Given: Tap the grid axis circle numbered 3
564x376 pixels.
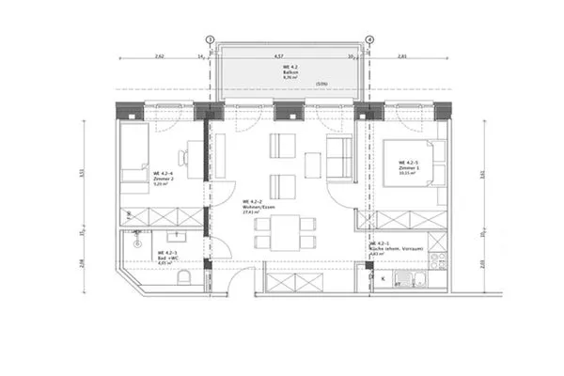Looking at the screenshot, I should (210, 40).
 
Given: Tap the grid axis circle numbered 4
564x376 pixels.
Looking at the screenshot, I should (369, 40).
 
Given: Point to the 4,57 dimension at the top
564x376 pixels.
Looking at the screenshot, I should (280, 55).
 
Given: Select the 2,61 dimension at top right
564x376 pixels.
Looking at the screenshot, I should (403, 55).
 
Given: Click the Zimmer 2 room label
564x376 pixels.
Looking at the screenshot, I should (164, 176).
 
